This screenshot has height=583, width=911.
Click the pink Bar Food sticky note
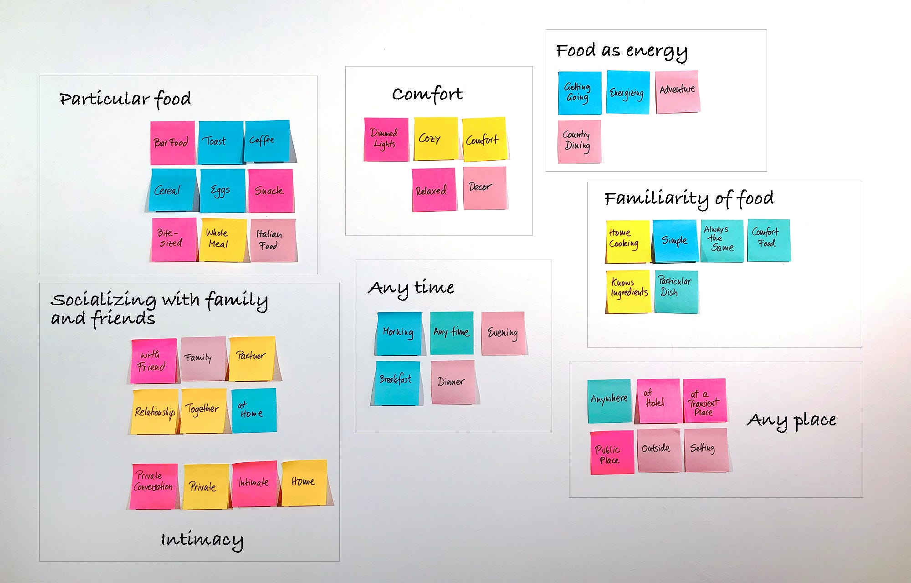(x=173, y=143)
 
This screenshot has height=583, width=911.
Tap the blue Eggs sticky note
(x=222, y=191)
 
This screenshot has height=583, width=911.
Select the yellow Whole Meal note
(x=223, y=240)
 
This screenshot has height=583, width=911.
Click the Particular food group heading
(x=125, y=99)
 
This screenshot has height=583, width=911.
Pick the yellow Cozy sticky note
(x=435, y=139)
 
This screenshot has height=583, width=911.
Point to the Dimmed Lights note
(x=386, y=139)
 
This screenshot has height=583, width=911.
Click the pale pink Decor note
(x=485, y=188)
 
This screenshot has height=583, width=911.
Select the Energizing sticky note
(x=628, y=92)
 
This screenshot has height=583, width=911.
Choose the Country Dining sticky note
(x=579, y=141)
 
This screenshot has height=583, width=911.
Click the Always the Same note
(x=722, y=240)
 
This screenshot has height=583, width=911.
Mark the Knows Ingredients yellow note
(x=629, y=291)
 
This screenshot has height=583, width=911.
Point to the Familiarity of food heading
(x=689, y=199)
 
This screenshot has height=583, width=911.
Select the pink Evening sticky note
(x=503, y=333)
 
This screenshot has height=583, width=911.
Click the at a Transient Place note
(x=704, y=401)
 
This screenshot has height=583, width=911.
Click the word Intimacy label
(x=202, y=540)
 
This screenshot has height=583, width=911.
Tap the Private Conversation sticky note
(x=154, y=486)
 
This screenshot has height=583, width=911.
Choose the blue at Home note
(x=253, y=410)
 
